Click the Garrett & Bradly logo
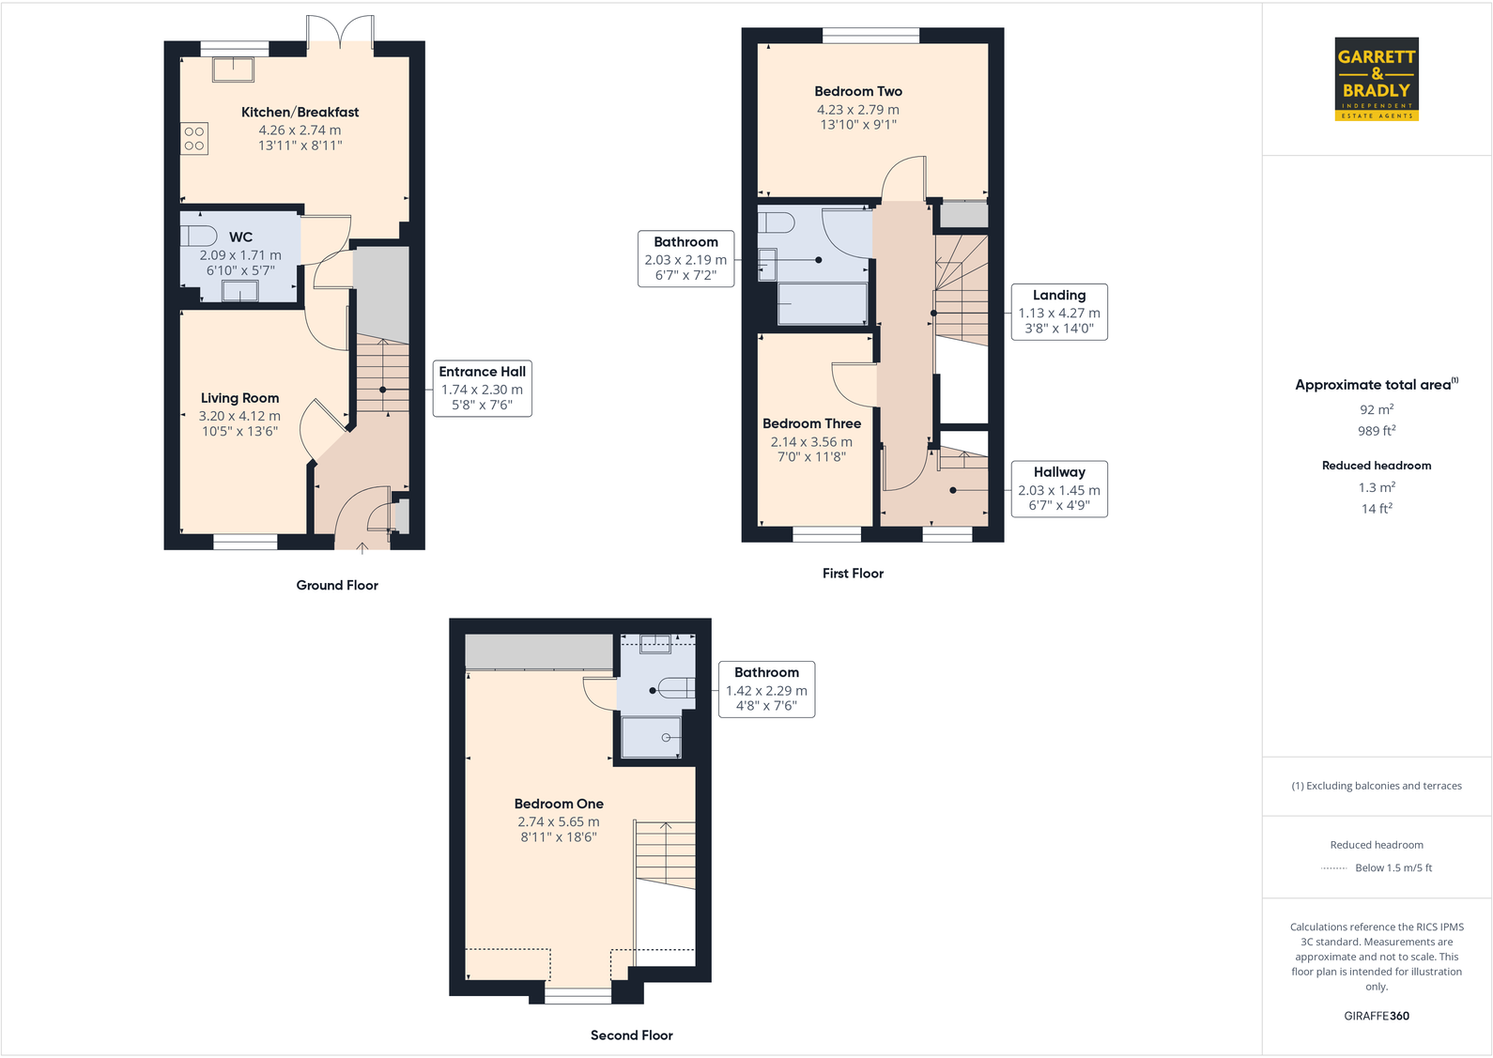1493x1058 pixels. click(1376, 79)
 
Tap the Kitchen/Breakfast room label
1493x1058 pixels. click(300, 113)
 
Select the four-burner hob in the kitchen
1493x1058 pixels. click(194, 139)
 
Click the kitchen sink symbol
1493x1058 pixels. click(233, 69)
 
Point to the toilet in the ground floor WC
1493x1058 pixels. click(198, 235)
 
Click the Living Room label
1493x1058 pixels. click(239, 398)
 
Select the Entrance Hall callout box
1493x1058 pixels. click(482, 389)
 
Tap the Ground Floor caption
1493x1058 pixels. click(337, 585)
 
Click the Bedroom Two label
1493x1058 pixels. click(858, 91)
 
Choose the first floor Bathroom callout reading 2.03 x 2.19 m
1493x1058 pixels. click(685, 258)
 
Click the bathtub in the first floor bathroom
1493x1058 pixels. click(823, 304)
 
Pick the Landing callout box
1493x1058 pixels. click(1058, 312)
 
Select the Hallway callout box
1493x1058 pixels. click(1058, 488)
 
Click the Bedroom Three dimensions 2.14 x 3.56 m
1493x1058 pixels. click(811, 442)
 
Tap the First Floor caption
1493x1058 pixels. click(853, 574)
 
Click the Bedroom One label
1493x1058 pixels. click(559, 804)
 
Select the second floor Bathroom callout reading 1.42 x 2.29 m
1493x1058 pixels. click(766, 689)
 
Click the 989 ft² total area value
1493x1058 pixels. click(1376, 431)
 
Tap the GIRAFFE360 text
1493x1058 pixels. click(1376, 1016)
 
